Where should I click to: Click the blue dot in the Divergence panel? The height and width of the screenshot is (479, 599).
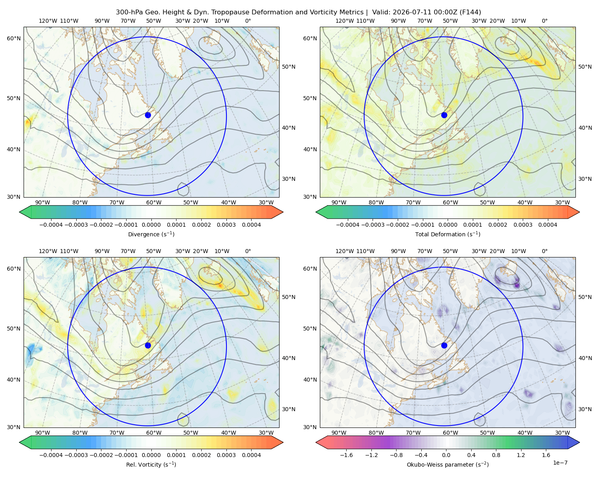(x=148, y=115)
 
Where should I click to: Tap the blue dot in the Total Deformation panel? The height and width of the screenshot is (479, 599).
(x=444, y=115)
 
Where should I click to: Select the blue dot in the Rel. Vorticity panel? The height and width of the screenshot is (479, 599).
(x=148, y=345)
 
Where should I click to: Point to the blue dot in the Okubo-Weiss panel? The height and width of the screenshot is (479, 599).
(x=444, y=345)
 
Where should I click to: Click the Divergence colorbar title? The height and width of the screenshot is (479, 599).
(x=151, y=234)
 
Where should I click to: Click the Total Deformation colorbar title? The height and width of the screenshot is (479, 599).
(x=448, y=234)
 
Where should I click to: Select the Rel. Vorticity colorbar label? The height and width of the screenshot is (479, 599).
(x=151, y=464)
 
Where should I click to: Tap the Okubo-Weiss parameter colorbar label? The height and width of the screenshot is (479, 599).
(x=448, y=464)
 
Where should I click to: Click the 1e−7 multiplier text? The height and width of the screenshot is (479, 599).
(x=560, y=463)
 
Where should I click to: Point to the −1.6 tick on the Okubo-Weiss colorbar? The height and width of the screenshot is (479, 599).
(x=346, y=455)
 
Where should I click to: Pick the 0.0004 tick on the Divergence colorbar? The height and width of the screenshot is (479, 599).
(x=251, y=225)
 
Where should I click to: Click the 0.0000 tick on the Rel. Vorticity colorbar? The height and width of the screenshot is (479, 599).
(x=151, y=455)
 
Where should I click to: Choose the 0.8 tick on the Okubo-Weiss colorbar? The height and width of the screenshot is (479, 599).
(x=496, y=455)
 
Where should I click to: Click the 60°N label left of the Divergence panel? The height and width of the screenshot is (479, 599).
(x=14, y=38)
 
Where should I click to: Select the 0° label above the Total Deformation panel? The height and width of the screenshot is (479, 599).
(x=544, y=21)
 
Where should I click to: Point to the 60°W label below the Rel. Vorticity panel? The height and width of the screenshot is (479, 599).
(x=154, y=433)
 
